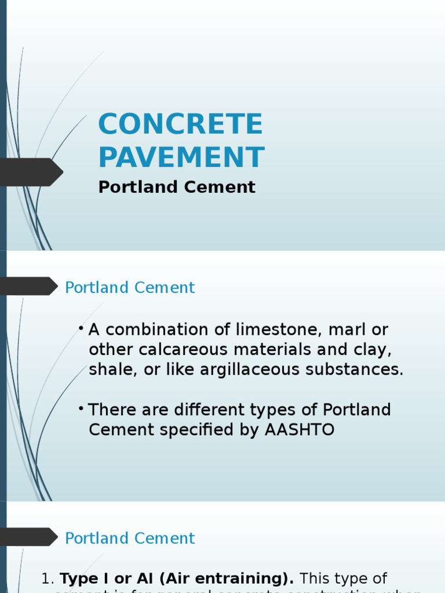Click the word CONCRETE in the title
(x=180, y=125)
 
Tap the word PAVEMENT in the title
(x=181, y=158)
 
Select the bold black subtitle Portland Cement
(x=177, y=187)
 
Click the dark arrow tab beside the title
(x=31, y=172)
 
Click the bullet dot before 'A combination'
(x=81, y=328)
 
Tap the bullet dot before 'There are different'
(x=81, y=409)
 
